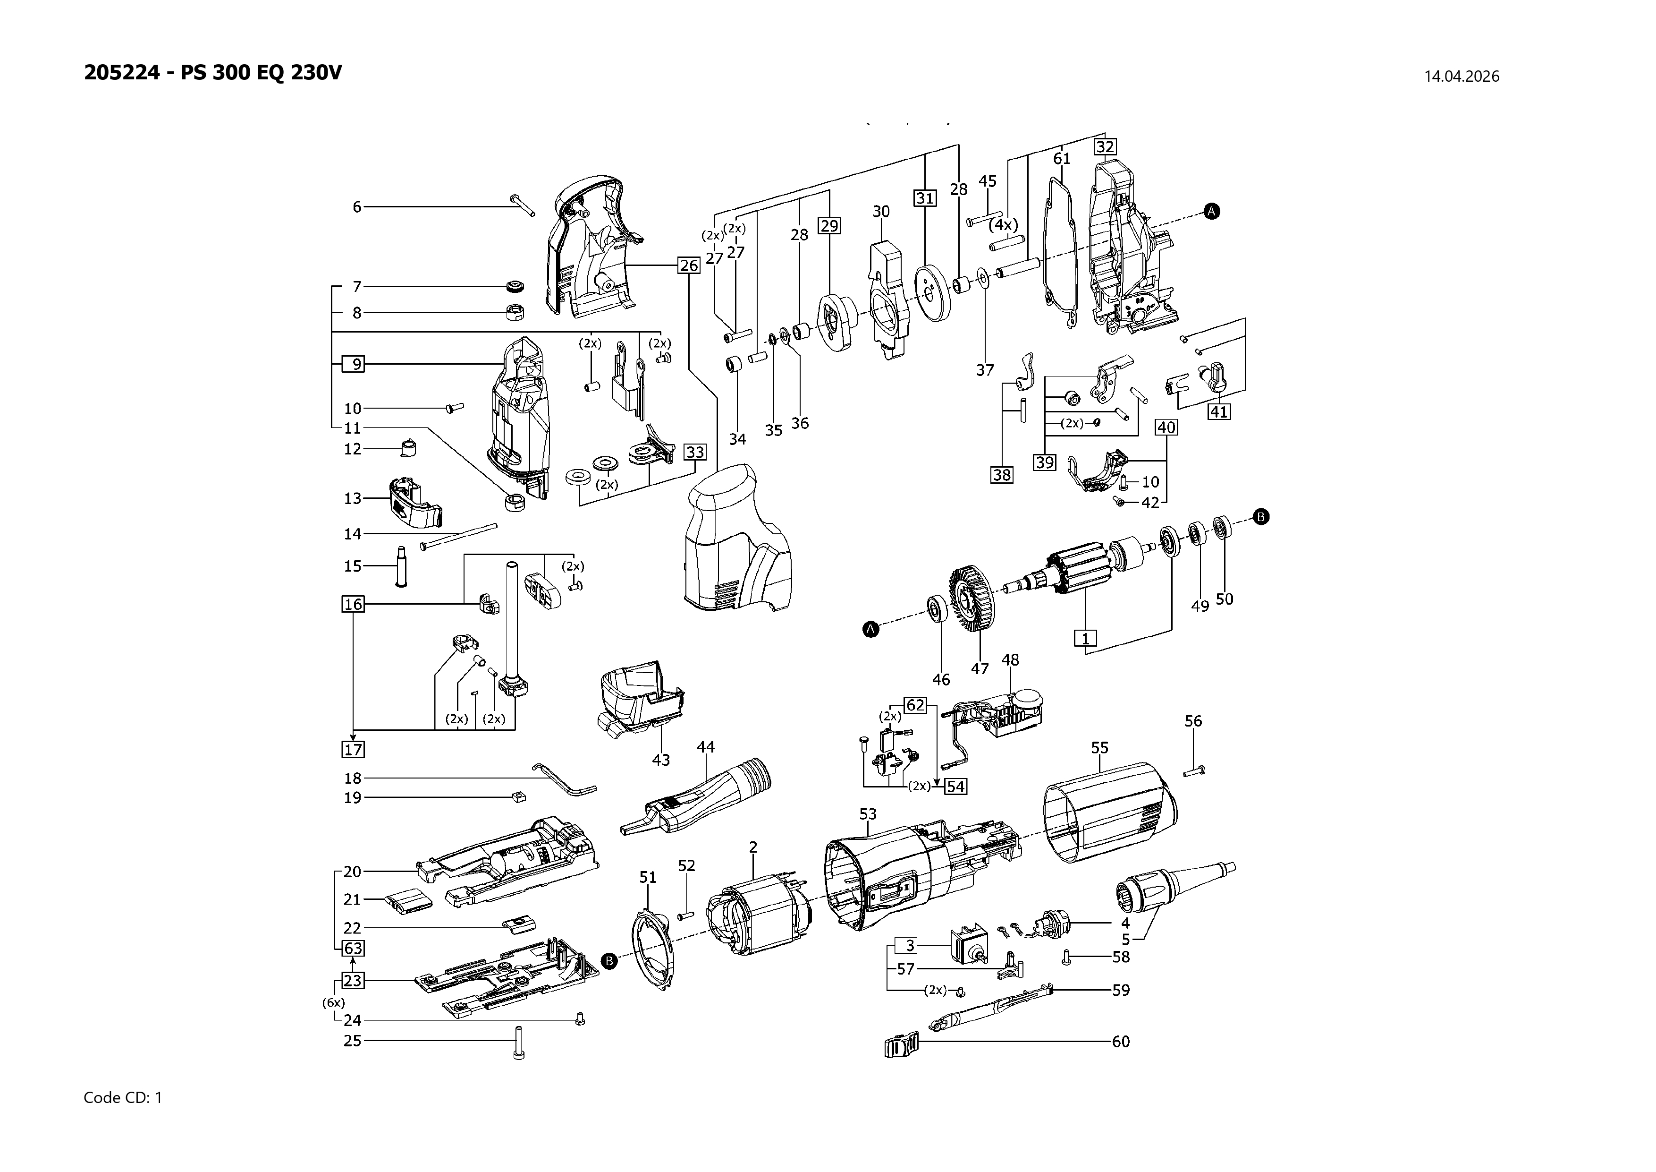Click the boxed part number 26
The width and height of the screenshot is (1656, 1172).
[689, 265]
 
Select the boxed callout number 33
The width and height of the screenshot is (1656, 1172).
[694, 453]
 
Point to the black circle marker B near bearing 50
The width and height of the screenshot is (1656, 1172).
[1261, 517]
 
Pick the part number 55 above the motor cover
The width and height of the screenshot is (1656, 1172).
[1099, 748]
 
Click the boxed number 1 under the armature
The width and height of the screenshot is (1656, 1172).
[1085, 638]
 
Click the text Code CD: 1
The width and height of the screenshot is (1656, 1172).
[123, 1098]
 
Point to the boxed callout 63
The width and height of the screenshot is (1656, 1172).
[353, 948]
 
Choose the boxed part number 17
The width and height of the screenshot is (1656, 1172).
[353, 749]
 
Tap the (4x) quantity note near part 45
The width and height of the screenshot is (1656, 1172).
[1003, 224]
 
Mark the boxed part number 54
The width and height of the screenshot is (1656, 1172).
[955, 787]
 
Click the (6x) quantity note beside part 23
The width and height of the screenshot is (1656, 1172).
[333, 1002]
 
